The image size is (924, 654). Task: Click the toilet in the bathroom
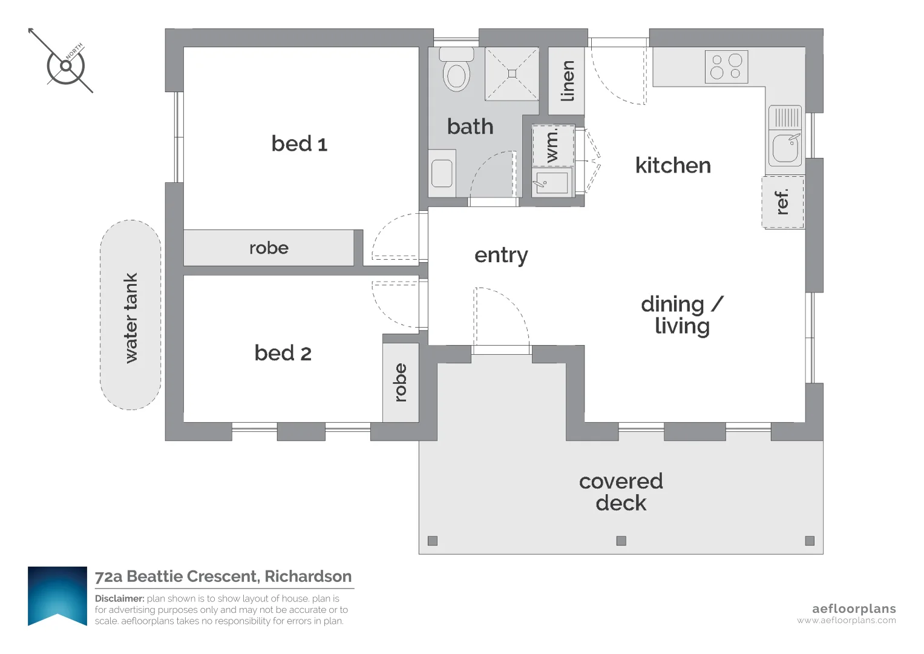(x=456, y=70)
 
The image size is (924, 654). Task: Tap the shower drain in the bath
(x=512, y=74)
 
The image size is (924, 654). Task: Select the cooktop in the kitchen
(x=726, y=67)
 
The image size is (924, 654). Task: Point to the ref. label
(x=782, y=202)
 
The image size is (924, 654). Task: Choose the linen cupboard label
(x=567, y=81)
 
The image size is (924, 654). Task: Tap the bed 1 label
(x=300, y=144)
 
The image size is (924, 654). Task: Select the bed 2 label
(x=283, y=353)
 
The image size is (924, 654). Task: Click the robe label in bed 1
(x=269, y=248)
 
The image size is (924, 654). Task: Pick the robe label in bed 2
(x=401, y=382)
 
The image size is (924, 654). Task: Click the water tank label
(x=130, y=318)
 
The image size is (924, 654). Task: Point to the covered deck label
(x=621, y=492)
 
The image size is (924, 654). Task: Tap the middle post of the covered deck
(x=621, y=540)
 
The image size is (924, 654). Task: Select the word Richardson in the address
(x=308, y=576)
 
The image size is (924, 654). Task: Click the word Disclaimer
(x=120, y=598)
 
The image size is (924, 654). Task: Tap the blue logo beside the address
(x=57, y=596)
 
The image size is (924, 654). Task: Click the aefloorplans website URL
(x=847, y=621)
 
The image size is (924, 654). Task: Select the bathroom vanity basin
(x=442, y=173)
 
